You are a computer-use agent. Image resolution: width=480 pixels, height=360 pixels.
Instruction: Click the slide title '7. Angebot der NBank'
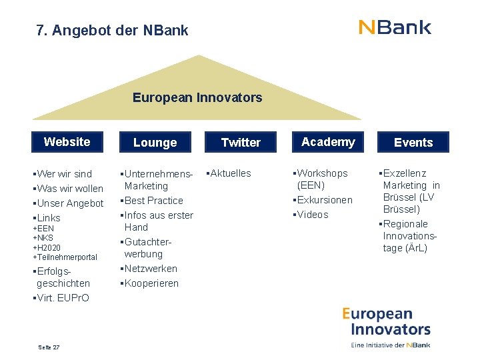tap(113, 31)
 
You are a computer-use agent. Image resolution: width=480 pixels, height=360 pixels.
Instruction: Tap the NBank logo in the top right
tap(395, 27)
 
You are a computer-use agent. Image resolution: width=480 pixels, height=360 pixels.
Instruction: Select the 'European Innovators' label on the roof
tap(197, 98)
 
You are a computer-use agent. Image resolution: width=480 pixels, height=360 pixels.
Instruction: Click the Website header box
tap(67, 142)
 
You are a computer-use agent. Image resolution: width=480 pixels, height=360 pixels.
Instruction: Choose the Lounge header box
tap(155, 143)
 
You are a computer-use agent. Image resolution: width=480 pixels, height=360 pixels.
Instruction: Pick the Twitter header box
tap(241, 143)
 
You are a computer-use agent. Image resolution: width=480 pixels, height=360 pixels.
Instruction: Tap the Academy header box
tap(328, 142)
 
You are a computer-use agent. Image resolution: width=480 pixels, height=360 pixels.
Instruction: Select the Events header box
tap(413, 143)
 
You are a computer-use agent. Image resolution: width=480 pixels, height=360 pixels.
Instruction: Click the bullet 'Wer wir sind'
tap(64, 174)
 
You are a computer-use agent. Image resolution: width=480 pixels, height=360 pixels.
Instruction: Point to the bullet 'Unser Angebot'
tap(69, 203)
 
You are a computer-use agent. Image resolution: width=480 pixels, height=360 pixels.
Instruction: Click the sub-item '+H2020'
tap(47, 247)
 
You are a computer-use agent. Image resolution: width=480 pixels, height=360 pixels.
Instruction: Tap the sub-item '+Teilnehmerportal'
tap(65, 257)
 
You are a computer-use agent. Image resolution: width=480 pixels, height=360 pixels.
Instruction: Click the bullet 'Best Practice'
tap(153, 201)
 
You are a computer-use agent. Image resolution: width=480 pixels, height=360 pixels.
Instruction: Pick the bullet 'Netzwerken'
tap(150, 269)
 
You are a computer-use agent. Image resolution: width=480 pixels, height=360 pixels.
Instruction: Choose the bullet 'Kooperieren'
tap(151, 283)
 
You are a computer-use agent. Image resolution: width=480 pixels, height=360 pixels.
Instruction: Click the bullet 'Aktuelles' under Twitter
tap(230, 173)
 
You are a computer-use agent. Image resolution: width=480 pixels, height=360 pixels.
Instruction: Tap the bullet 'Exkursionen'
tap(324, 200)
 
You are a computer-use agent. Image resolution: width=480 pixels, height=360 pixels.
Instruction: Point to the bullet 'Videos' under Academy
tap(312, 215)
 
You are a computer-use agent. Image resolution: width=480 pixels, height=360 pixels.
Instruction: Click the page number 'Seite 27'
tap(49, 347)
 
